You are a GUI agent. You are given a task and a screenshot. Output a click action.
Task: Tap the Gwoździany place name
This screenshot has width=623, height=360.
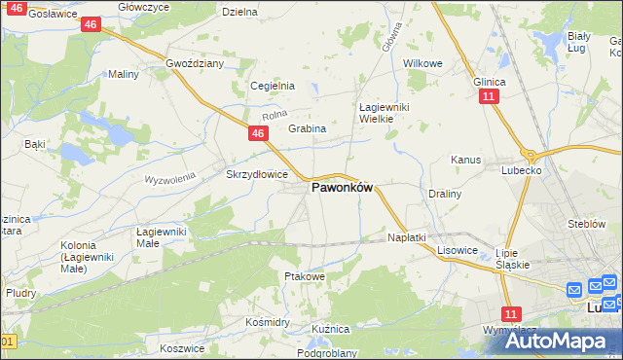click(x=195, y=63)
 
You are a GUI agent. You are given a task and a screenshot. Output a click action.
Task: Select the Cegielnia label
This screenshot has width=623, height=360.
click(x=273, y=86)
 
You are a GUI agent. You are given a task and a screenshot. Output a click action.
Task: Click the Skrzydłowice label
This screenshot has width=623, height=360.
click(x=257, y=174)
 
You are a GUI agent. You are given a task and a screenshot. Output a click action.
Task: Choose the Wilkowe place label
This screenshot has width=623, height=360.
click(x=422, y=63)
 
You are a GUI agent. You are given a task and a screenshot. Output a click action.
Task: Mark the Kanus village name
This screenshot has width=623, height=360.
click(x=466, y=159)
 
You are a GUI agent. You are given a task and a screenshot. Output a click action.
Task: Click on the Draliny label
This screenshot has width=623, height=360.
click(x=444, y=194)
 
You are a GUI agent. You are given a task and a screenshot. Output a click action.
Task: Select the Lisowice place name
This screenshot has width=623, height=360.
click(x=457, y=250)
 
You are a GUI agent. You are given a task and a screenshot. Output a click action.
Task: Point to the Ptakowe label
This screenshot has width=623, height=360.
click(x=304, y=276)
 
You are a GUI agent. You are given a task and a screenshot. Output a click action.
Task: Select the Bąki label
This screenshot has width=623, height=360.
click(x=35, y=144)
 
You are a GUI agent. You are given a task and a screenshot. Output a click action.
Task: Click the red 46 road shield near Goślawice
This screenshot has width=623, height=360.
click(x=90, y=24)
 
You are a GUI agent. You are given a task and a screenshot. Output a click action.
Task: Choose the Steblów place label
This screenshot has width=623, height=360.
click(x=587, y=224)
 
